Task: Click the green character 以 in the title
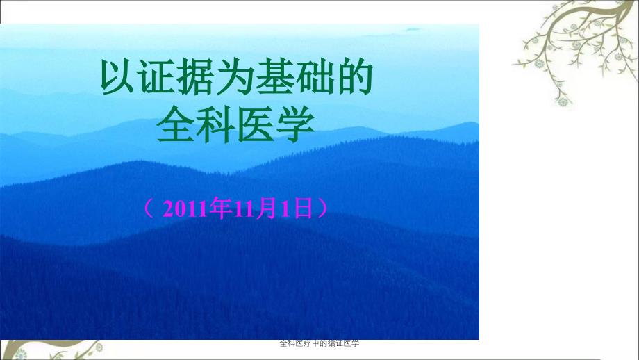tap(117, 77)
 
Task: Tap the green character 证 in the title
tap(156, 77)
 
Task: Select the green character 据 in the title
tap(195, 77)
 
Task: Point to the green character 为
tap(234, 77)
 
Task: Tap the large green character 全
tap(176, 124)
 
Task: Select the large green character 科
tap(215, 124)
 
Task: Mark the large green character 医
tap(255, 124)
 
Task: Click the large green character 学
tap(294, 124)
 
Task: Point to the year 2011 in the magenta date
tap(185, 209)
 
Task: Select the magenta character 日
tap(304, 208)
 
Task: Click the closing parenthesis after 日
tap(322, 208)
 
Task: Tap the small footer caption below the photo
tap(319, 343)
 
